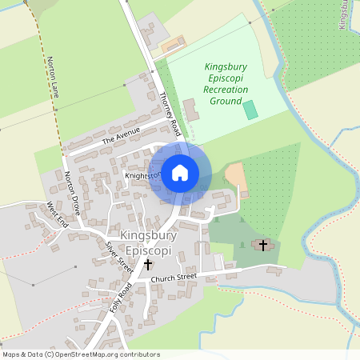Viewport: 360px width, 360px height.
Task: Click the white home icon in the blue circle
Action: [x=180, y=172]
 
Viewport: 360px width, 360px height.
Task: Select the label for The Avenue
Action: [x=121, y=136]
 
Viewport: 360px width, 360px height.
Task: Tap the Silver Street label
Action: [x=119, y=255]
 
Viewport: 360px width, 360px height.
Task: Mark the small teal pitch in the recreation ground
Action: [x=251, y=110]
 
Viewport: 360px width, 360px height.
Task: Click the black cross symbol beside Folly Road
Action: [x=147, y=263]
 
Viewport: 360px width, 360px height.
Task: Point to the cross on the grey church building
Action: [x=262, y=244]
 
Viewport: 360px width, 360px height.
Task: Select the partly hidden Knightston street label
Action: [x=142, y=174]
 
